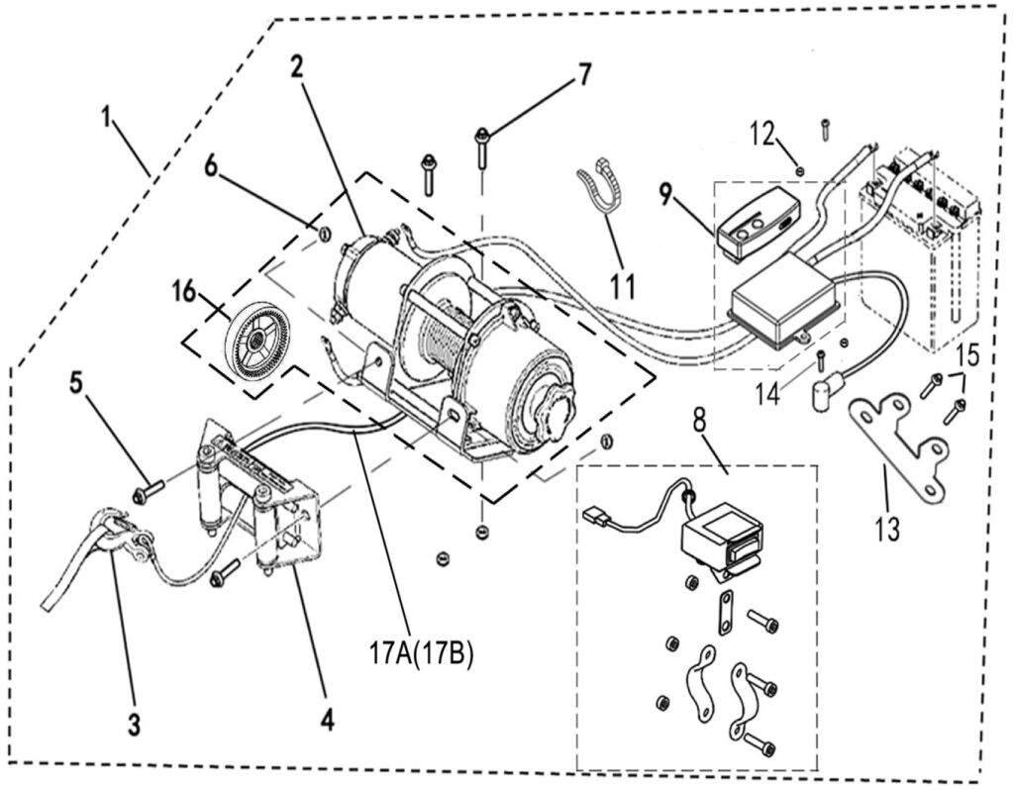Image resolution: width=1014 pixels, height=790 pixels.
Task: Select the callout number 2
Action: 295,67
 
